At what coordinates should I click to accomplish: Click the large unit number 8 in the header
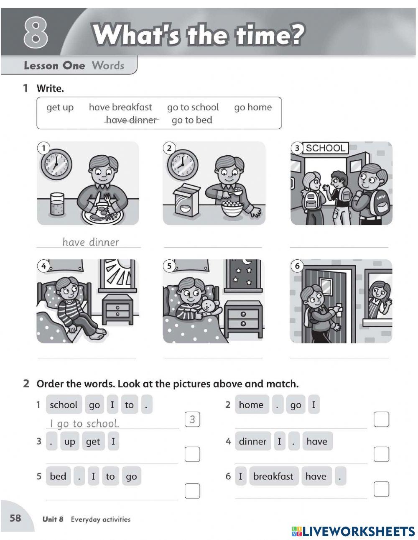[36, 32]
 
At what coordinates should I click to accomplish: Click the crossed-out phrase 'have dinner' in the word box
[131, 120]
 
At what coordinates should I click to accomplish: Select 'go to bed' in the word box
[192, 120]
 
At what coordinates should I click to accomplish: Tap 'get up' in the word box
[60, 107]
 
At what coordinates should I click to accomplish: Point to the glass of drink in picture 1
[57, 204]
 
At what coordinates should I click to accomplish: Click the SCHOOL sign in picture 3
[326, 148]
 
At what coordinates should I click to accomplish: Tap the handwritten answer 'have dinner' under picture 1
[91, 242]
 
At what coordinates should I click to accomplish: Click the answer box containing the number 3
[192, 419]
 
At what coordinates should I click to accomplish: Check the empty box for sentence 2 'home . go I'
[381, 419]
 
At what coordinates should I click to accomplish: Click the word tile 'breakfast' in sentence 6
[273, 476]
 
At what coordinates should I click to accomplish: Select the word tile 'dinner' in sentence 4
[253, 441]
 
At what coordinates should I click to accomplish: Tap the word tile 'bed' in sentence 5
[59, 476]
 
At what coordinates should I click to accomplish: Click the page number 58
[15, 518]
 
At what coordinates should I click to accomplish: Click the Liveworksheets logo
[353, 531]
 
